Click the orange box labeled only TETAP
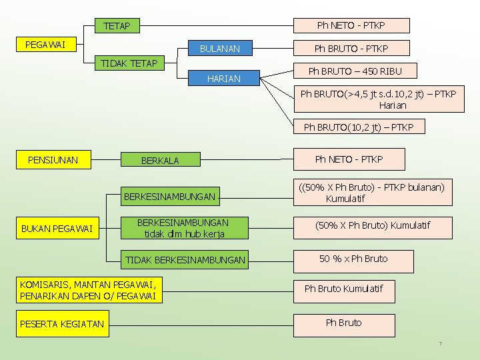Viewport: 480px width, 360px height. pos(117,27)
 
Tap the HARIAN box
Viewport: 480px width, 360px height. pos(224,79)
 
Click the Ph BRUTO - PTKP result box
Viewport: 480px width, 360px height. pos(351,49)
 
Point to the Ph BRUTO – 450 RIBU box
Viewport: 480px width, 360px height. pos(354,71)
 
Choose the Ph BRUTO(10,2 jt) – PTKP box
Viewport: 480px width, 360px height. pos(359,127)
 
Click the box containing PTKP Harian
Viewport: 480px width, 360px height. pos(378,99)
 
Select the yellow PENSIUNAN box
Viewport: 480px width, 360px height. pos(53,160)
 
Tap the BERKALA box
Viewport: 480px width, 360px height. pos(160,161)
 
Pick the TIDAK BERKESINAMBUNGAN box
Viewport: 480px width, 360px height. pos(185,259)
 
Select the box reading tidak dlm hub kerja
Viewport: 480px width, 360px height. pos(182,228)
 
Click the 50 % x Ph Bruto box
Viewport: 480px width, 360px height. pos(353,259)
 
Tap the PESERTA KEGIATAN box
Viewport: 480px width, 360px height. pos(62,324)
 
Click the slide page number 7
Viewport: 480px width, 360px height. pos(440,343)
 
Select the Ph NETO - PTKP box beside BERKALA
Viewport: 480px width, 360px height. pos(349,159)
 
